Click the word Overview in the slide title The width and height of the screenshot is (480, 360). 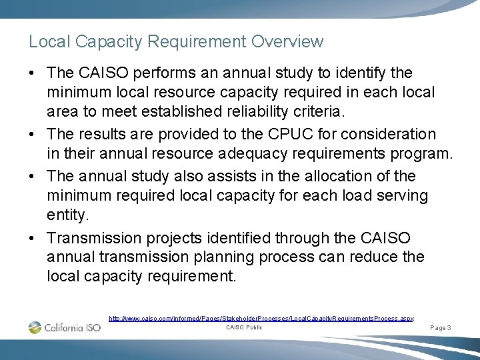287,41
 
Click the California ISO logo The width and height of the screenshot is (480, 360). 65,327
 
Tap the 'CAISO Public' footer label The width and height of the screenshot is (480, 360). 244,327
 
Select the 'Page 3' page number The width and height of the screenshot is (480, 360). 441,328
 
